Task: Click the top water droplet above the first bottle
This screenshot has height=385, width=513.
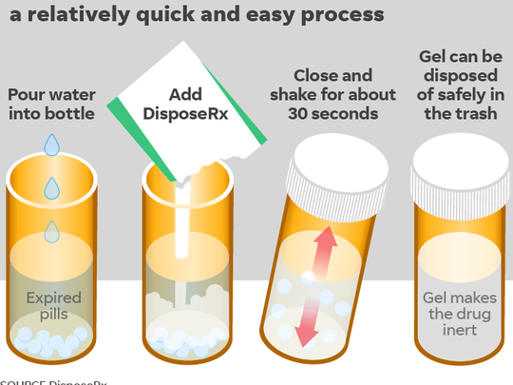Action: click(52, 144)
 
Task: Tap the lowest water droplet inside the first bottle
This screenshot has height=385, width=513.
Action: click(51, 229)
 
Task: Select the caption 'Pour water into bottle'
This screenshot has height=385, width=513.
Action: click(50, 105)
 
